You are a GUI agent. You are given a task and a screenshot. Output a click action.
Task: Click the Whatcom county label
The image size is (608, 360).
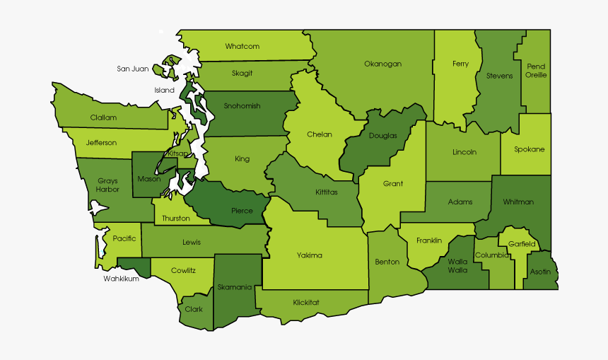(242, 47)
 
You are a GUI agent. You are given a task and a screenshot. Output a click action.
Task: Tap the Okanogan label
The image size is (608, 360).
(382, 64)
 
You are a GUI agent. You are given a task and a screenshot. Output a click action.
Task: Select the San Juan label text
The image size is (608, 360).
(133, 69)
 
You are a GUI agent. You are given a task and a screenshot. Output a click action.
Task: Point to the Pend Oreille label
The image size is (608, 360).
(536, 71)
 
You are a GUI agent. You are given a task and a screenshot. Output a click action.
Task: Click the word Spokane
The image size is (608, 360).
(529, 150)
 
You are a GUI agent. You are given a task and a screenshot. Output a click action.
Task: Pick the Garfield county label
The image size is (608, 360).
(522, 245)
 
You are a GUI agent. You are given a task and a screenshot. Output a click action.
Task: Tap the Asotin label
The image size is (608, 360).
(541, 272)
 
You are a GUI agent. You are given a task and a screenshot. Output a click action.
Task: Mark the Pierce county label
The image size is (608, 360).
(242, 211)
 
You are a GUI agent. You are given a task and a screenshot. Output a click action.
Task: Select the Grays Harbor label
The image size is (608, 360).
(108, 185)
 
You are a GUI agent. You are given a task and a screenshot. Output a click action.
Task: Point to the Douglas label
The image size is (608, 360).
(383, 136)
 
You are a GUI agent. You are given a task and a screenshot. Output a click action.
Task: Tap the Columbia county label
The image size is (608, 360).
(491, 255)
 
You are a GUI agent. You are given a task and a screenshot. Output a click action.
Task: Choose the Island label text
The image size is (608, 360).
(164, 91)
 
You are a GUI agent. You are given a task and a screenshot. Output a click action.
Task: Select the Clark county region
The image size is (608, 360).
(194, 311)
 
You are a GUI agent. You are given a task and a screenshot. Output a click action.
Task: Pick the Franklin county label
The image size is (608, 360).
(429, 241)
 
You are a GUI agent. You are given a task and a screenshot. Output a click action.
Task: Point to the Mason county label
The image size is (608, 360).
(148, 179)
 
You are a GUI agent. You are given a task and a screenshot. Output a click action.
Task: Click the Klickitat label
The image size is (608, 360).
(306, 303)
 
